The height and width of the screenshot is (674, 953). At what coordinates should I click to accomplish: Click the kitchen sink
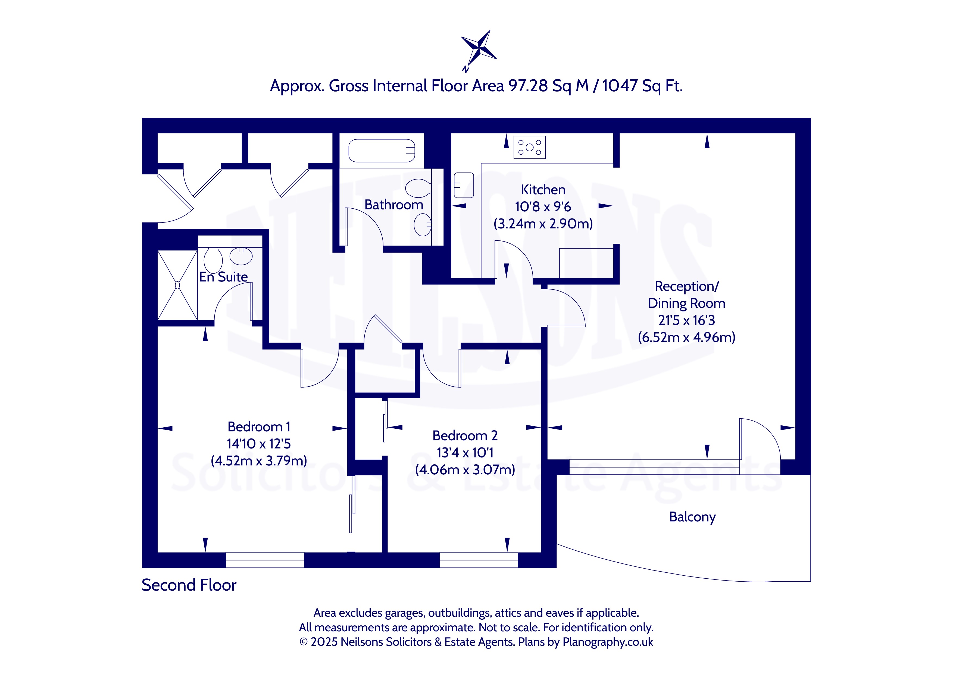tap(464, 185)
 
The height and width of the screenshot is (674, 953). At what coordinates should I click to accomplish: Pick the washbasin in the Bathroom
tap(423, 224)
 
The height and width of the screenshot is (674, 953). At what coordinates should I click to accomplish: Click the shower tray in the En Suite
tap(177, 285)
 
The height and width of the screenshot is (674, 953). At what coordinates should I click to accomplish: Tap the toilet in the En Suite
tap(213, 260)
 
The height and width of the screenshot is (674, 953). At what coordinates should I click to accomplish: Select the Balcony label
tap(692, 517)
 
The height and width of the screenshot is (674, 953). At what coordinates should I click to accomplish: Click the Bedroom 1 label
tap(259, 427)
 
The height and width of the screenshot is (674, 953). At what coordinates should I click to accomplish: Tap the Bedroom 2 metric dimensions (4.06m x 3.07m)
tap(465, 470)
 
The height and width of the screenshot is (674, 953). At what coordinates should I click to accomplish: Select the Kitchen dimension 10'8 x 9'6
tap(543, 207)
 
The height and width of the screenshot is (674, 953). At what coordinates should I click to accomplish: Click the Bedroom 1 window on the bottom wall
tap(265, 560)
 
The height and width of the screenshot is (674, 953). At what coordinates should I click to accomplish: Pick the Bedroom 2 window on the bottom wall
tap(479, 560)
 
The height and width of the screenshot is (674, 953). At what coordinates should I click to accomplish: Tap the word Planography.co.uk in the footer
tap(608, 642)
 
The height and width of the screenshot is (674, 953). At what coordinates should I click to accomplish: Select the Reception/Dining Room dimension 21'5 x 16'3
tap(686, 320)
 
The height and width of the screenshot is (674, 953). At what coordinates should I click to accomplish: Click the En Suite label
tap(223, 277)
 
